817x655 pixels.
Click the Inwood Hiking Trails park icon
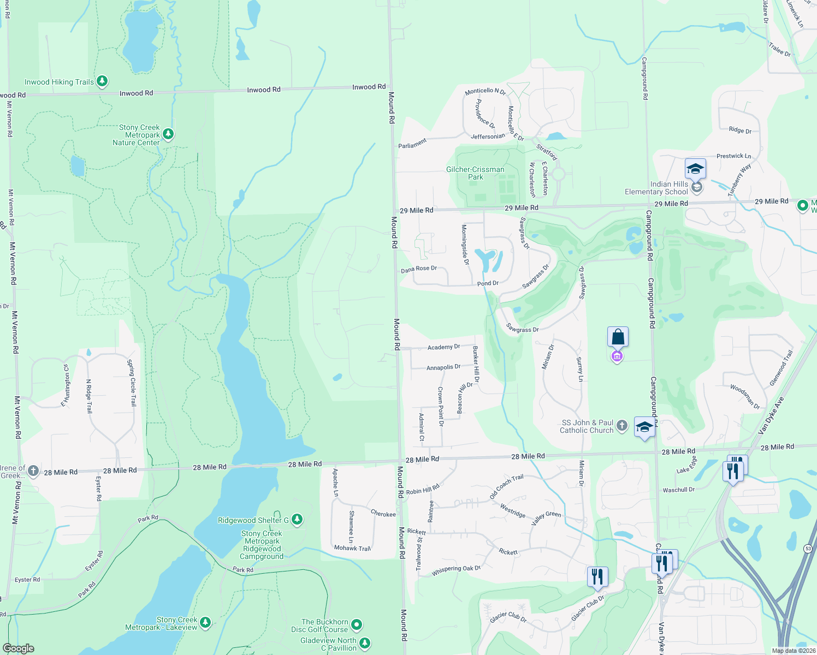pos(102,82)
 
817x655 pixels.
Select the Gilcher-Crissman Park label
pos(475,173)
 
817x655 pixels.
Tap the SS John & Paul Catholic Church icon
pos(621,426)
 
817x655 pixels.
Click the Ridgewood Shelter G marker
pos(297,519)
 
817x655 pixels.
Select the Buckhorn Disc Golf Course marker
pos(357,624)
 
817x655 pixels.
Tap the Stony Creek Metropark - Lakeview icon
pos(205,622)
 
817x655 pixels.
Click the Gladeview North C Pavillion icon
pos(365,644)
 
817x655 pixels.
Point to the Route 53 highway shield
pos(808,548)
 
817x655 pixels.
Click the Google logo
pos(18,648)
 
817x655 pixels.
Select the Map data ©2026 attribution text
pos(794,651)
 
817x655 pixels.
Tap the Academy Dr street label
pos(443,347)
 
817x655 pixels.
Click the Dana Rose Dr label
pos(419,269)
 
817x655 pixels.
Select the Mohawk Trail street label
pos(352,548)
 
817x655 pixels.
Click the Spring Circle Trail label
pos(132,383)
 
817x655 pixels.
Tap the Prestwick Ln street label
pos(733,156)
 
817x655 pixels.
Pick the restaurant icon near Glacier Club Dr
pos(597,576)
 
